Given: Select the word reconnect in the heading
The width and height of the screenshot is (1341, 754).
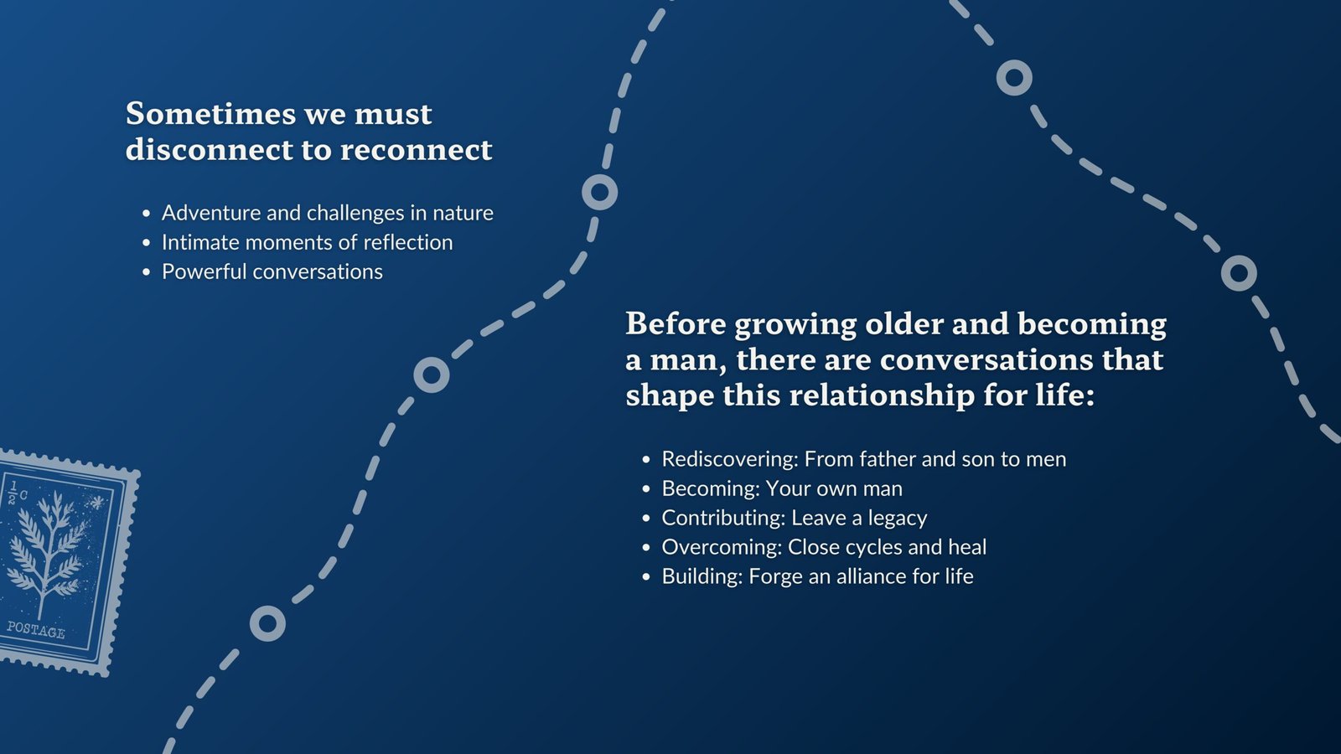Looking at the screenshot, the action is [x=416, y=150].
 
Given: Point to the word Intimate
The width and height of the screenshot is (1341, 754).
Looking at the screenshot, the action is [x=200, y=242].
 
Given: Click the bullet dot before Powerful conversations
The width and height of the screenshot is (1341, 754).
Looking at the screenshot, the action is [x=147, y=272].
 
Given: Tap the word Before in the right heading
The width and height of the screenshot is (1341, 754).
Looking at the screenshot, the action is [x=676, y=323].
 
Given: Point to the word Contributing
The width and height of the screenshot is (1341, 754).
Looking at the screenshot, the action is [x=723, y=518].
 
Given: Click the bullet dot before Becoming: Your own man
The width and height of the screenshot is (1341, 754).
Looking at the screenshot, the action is [x=646, y=489].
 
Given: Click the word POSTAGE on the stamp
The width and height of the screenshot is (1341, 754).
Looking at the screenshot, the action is [x=35, y=630].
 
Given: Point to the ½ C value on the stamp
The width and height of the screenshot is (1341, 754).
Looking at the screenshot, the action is [x=17, y=492].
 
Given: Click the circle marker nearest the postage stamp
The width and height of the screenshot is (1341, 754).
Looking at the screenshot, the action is [x=267, y=623].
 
